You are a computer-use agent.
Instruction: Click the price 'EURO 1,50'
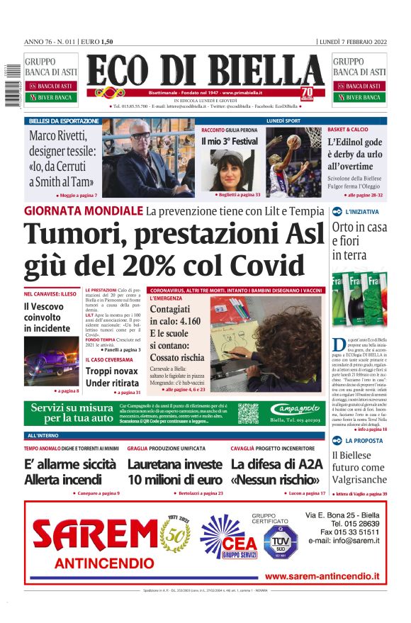(98, 42)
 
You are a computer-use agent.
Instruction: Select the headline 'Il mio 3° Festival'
(230, 142)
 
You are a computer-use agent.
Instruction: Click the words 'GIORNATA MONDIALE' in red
(83, 211)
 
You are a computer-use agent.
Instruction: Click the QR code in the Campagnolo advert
(248, 412)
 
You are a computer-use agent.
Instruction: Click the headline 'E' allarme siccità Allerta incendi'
(69, 472)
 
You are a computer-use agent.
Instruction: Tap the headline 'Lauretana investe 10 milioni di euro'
(174, 472)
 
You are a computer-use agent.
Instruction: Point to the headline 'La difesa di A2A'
(276, 464)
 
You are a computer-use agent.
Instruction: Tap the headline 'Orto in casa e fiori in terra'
(359, 241)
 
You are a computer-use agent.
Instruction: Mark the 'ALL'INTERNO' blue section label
(43, 435)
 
